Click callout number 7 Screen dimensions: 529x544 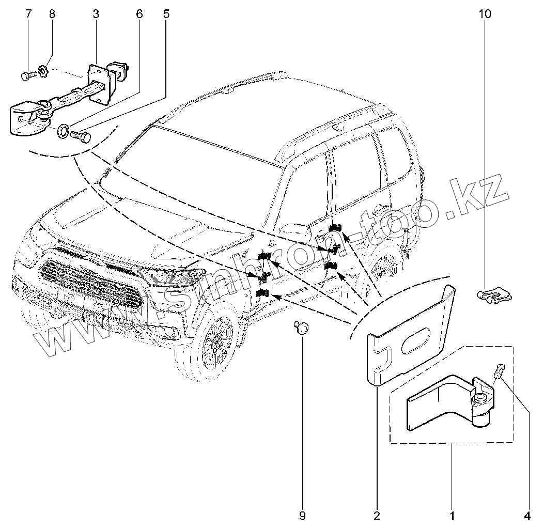tap(28, 13)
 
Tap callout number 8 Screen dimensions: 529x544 tap(52, 13)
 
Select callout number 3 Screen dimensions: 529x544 tap(96, 13)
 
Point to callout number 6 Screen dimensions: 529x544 tap(139, 13)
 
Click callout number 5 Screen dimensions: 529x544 tap(166, 13)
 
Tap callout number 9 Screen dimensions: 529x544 tap(303, 515)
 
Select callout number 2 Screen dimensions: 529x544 tap(377, 515)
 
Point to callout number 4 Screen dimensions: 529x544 tap(527, 515)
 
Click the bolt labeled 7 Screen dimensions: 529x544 tap(27, 75)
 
